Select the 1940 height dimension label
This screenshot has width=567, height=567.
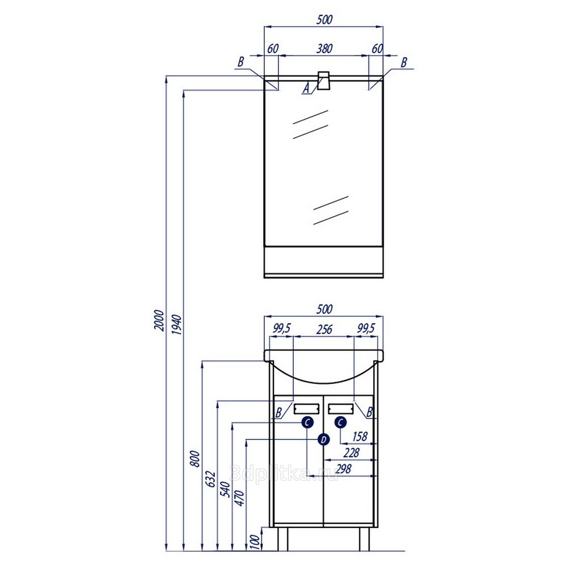coord(177,324)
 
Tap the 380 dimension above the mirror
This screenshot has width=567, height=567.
coord(324,48)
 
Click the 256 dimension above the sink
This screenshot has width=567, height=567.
coord(324,329)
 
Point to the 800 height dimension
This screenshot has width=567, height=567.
coord(195,459)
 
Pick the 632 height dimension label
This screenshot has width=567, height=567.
coord(211,480)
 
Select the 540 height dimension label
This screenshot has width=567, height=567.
coord(226,489)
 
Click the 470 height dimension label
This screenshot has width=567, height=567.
coord(240,498)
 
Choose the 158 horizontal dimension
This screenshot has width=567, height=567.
coord(360,437)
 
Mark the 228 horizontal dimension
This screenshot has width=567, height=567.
coord(351,452)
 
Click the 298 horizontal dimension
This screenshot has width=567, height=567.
coord(343,469)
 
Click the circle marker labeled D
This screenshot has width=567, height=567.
coord(323,439)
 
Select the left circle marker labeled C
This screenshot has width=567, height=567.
coord(307,422)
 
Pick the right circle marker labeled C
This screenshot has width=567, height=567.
coord(341,422)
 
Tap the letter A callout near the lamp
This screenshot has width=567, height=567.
coord(307,88)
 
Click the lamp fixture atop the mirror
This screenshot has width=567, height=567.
coord(324,81)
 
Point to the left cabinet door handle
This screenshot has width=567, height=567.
coord(306,409)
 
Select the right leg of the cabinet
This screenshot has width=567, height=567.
coord(364,539)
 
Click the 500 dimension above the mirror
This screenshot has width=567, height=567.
coord(324,19)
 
